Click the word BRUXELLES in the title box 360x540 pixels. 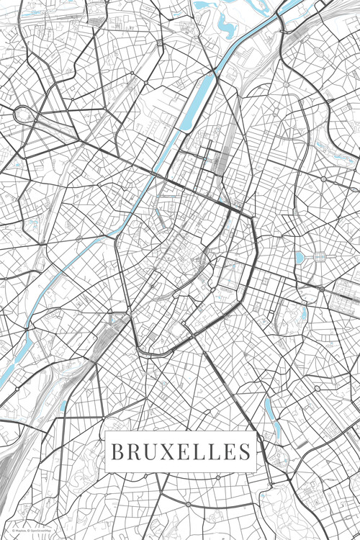point(180,452)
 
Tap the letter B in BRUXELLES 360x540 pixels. point(117,452)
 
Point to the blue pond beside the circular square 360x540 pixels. point(300,257)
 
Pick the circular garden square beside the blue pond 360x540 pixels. point(318,257)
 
